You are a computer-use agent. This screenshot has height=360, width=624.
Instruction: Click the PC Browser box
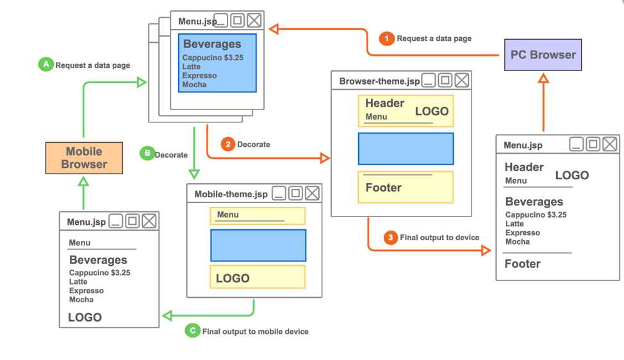pyautogui.click(x=543, y=54)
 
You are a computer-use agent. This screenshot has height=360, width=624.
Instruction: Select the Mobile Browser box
pyautogui.click(x=84, y=158)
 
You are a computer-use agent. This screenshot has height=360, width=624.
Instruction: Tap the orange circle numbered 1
pyautogui.click(x=386, y=38)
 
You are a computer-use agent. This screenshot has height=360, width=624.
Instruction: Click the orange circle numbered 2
pyautogui.click(x=227, y=144)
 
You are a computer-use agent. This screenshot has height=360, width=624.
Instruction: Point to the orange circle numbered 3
pyautogui.click(x=391, y=238)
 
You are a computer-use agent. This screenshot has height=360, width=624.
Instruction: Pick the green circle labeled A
pyautogui.click(x=45, y=65)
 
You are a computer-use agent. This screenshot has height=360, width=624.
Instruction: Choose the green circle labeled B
pyautogui.click(x=147, y=154)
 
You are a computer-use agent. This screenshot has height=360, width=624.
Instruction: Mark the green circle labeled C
pyautogui.click(x=192, y=331)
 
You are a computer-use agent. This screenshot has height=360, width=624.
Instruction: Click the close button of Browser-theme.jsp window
pyautogui.click(x=461, y=81)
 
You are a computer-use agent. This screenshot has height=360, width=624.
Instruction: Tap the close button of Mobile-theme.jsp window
pyautogui.click(x=312, y=193)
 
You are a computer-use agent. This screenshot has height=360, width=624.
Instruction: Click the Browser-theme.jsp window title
pyautogui.click(x=379, y=81)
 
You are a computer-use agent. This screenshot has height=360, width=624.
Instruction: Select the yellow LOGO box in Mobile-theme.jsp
pyautogui.click(x=258, y=277)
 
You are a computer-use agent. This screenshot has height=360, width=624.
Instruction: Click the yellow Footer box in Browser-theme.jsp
pyautogui.click(x=406, y=187)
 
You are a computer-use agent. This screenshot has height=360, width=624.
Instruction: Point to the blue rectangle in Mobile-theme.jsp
pyautogui.click(x=258, y=245)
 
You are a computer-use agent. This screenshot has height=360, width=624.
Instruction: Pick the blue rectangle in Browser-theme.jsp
pyautogui.click(x=406, y=149)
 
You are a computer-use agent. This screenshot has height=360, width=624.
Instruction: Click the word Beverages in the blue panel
pyautogui.click(x=212, y=44)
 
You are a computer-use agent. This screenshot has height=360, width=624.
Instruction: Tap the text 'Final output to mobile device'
pyautogui.click(x=255, y=331)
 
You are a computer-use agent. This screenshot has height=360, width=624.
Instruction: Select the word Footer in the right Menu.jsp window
pyautogui.click(x=522, y=263)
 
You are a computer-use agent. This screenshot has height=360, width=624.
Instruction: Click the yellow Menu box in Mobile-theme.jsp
pyautogui.click(x=258, y=216)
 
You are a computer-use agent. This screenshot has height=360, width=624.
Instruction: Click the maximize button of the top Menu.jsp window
pyautogui.click(x=237, y=20)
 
